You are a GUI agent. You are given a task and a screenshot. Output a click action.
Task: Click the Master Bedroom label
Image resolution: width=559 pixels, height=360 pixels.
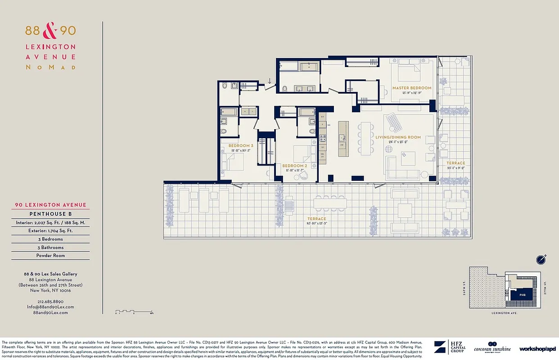(411, 88)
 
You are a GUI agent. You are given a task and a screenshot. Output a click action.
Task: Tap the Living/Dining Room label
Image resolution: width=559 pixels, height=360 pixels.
(398, 137)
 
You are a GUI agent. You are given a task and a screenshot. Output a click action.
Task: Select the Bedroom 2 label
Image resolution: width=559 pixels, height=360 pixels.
(295, 166)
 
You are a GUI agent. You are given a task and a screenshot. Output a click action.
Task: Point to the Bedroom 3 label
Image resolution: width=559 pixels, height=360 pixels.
(241, 146)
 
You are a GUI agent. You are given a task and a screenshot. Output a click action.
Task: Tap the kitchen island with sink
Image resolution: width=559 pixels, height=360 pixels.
(343, 139)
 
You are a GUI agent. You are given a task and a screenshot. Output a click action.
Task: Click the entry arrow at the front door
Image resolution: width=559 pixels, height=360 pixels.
(269, 81)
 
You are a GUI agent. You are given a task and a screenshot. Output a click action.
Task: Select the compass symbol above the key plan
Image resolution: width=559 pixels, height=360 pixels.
(541, 259)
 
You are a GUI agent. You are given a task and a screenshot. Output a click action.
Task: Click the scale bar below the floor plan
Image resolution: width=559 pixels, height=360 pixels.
(134, 311)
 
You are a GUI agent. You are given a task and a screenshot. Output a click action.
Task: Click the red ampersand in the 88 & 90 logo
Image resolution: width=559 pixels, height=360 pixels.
(50, 31)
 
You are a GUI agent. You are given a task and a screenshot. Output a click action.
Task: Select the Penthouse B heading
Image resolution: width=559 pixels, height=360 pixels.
(50, 214)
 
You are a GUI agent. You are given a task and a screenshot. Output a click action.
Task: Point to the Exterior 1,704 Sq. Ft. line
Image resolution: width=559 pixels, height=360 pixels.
(50, 230)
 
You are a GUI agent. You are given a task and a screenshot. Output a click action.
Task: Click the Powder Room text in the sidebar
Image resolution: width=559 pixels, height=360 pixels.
(50, 256)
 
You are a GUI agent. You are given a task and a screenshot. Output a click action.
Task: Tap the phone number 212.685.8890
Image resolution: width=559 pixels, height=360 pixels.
(50, 301)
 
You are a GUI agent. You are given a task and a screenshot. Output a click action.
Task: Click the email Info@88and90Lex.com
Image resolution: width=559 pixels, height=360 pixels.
(50, 307)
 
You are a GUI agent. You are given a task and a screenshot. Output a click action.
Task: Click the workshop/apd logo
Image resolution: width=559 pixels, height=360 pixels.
(537, 349)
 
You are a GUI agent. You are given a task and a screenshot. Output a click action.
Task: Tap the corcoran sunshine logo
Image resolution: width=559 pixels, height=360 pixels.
(492, 348)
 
